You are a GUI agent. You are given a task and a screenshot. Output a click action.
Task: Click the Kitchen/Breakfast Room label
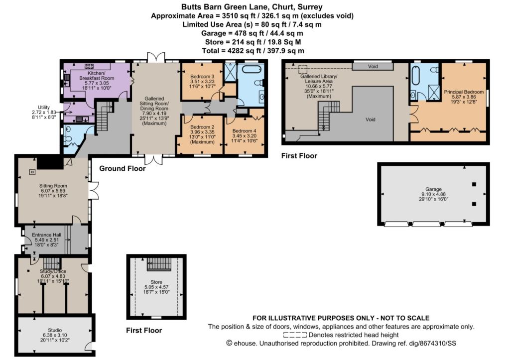pyautogui.click(x=97, y=76)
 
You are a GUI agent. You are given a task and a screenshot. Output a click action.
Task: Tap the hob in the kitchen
pyautogui.click(x=89, y=66)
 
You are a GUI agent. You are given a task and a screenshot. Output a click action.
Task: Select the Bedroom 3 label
pyautogui.click(x=202, y=76)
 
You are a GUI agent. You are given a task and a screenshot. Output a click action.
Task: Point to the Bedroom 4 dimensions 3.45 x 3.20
pyautogui.click(x=244, y=136)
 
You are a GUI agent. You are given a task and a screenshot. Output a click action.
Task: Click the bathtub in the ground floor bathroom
pyautogui.click(x=250, y=70)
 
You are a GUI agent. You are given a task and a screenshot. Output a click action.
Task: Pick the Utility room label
pyautogui.click(x=44, y=108)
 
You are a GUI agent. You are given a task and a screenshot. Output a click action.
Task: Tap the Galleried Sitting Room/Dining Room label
pyautogui.click(x=154, y=104)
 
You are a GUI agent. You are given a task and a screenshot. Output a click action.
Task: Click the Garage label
pyautogui.click(x=434, y=189)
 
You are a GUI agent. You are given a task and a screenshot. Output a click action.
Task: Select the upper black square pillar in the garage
pyautogui.click(x=474, y=184)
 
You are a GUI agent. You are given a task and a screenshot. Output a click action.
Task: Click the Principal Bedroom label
pyautogui.click(x=464, y=92)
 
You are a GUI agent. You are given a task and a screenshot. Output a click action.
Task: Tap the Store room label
pyautogui.click(x=156, y=282)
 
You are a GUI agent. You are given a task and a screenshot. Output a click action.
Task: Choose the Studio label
pyautogui.click(x=55, y=330)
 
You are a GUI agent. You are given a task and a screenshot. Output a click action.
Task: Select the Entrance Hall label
pyautogui.click(x=46, y=235)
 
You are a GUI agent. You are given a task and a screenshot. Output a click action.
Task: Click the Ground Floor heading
pyautogui.click(x=123, y=168)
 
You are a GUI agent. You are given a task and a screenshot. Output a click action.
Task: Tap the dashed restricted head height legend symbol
pyautogui.click(x=295, y=335)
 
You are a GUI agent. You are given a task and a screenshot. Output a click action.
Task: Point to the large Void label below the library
pyautogui.click(x=371, y=120)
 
